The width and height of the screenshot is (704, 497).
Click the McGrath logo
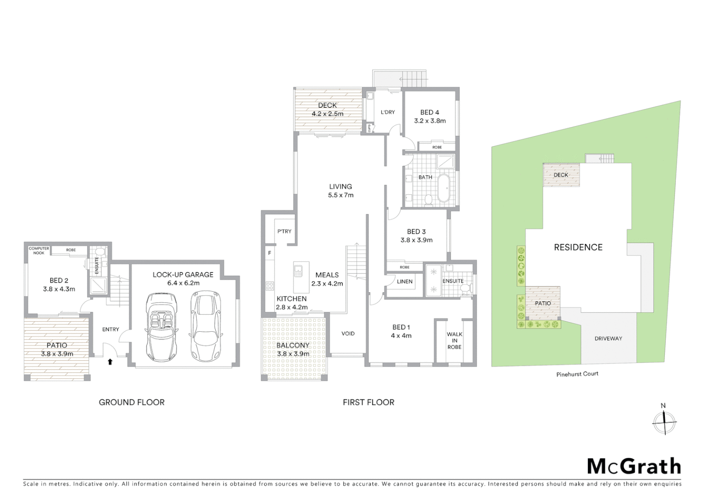tap(634, 466)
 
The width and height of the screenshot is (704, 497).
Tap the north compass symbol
tap(664, 422)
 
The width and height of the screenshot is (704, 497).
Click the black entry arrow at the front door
tap(110, 362)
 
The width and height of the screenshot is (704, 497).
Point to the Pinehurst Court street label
tap(577, 374)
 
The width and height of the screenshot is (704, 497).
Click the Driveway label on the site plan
tap(608, 338)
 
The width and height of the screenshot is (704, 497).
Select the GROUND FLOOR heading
tap(131, 402)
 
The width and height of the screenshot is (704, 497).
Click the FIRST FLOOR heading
tap(368, 402)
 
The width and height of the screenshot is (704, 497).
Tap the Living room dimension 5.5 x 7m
tap(340, 195)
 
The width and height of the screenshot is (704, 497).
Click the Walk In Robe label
tap(454, 341)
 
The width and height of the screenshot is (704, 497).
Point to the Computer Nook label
tap(39, 250)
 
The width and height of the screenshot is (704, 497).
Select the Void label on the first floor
tap(348, 334)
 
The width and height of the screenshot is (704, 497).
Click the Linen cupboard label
tap(405, 281)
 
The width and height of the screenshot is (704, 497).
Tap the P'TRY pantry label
tap(284, 231)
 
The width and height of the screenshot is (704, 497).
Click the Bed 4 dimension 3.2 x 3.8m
tap(429, 121)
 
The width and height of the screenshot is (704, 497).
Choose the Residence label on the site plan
tap(578, 247)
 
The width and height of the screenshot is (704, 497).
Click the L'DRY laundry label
tap(387, 112)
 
